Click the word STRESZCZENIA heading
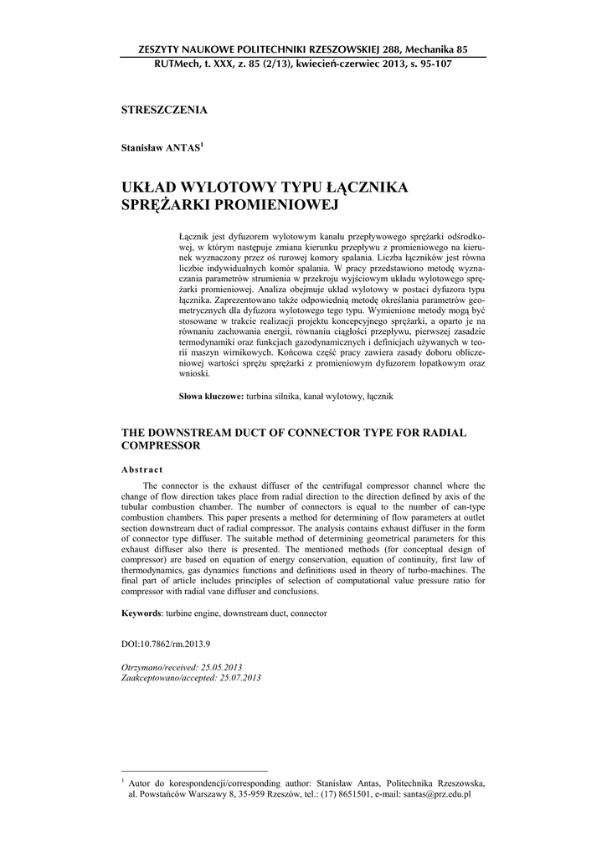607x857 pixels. point(165,110)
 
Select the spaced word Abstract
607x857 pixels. point(142,470)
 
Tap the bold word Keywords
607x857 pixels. point(141,613)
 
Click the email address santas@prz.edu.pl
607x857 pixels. point(436,793)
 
